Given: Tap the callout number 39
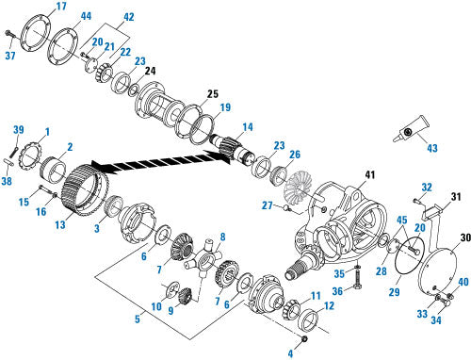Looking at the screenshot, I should (18, 129).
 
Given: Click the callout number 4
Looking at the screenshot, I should (291, 352).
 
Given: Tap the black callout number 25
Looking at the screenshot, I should (211, 95).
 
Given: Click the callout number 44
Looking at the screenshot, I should (86, 17).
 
